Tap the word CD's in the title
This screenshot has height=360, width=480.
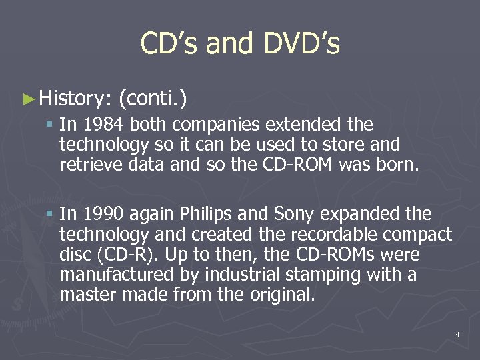tap(169, 44)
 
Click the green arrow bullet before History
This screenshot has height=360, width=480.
tap(27, 99)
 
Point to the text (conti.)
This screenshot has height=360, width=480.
tap(152, 99)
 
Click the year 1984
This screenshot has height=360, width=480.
tap(104, 125)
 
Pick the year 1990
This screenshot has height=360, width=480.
tap(104, 214)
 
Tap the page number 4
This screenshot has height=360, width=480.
tap(457, 333)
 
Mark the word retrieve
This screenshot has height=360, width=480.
tap(85, 165)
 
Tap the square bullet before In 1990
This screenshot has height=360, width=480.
tap(50, 215)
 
